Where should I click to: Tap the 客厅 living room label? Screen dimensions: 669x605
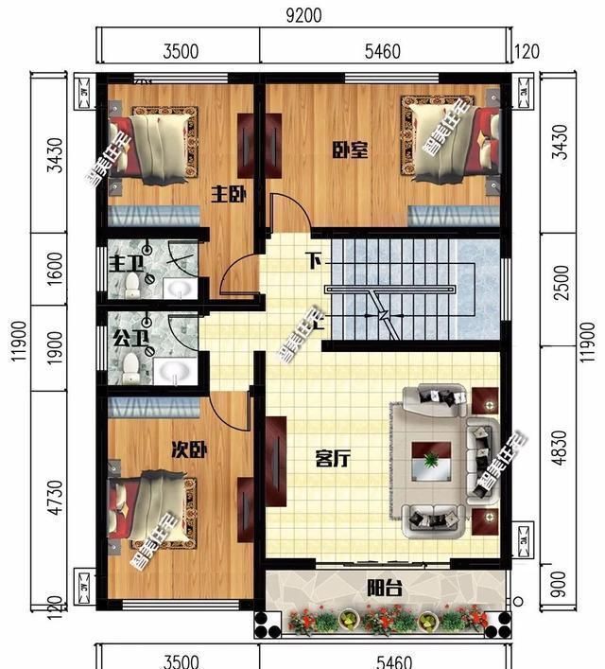pos(333,460)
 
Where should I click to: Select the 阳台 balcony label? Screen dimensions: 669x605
pos(385,589)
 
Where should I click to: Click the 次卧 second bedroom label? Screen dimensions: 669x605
pos(189,449)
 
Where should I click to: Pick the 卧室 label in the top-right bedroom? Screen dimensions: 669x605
pos(350,150)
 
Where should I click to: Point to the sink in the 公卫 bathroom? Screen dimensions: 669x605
pos(175,369)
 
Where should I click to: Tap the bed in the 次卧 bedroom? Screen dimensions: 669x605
pos(151,506)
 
